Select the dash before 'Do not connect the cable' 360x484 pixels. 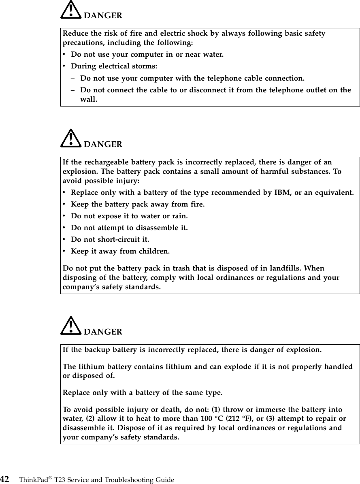tap(73, 90)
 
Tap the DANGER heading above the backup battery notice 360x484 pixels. tap(103, 332)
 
